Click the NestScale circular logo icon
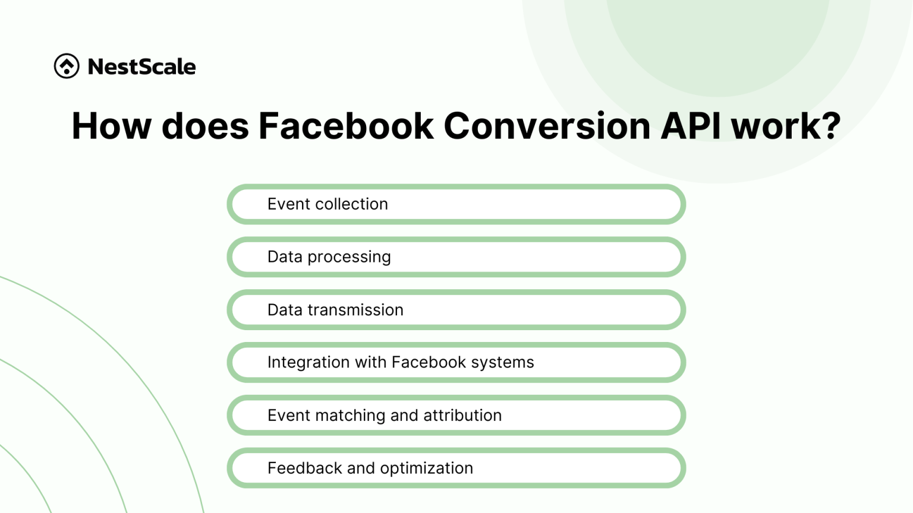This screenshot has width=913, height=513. click(x=67, y=66)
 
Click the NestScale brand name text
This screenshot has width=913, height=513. click(x=141, y=66)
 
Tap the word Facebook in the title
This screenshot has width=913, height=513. click(x=346, y=126)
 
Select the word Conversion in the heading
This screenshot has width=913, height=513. click(x=547, y=126)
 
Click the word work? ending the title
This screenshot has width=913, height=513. click(x=786, y=126)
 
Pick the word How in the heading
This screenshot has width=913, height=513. click(x=111, y=126)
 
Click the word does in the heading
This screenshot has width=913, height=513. click(x=205, y=126)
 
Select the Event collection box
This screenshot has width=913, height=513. click(x=456, y=204)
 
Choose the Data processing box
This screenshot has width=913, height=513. click(x=456, y=257)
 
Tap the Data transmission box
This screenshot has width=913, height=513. click(x=456, y=310)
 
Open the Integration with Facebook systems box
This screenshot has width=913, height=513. click(x=456, y=363)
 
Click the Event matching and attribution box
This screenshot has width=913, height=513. click(x=456, y=416)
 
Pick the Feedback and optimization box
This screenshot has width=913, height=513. click(x=456, y=468)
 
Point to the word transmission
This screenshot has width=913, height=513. click(x=355, y=310)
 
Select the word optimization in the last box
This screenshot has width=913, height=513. click(x=426, y=468)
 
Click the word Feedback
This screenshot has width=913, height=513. click(x=305, y=468)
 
